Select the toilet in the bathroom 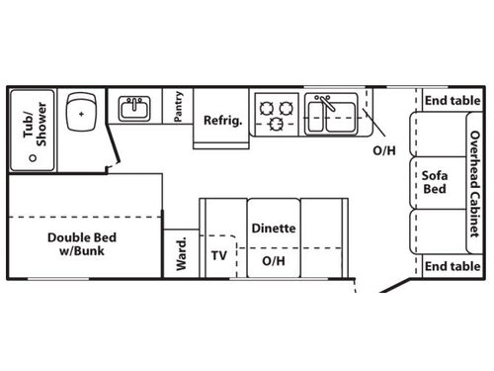point(80,113)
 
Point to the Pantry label point(178,108)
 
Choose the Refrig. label point(222,121)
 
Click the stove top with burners point(275,113)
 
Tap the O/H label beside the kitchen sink point(383,151)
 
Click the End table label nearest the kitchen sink point(452,100)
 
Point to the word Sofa point(436,175)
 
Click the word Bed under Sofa point(436,189)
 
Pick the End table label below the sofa point(452,266)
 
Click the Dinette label point(273,228)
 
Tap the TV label point(219,254)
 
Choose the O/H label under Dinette point(274,261)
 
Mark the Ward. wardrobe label point(182,253)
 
